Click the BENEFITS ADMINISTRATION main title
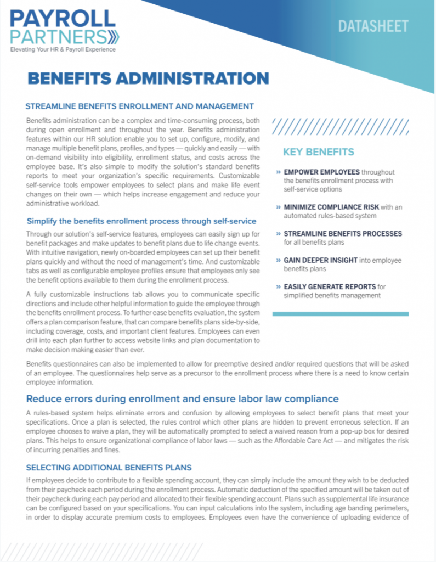point(148,78)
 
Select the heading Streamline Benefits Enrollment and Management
point(139,106)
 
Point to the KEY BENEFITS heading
point(319,152)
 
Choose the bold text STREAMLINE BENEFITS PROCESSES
point(342,233)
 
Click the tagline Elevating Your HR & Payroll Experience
point(63,50)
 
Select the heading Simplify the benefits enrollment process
point(141,221)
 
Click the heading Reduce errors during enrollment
point(182,398)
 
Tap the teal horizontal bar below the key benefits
point(340,313)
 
